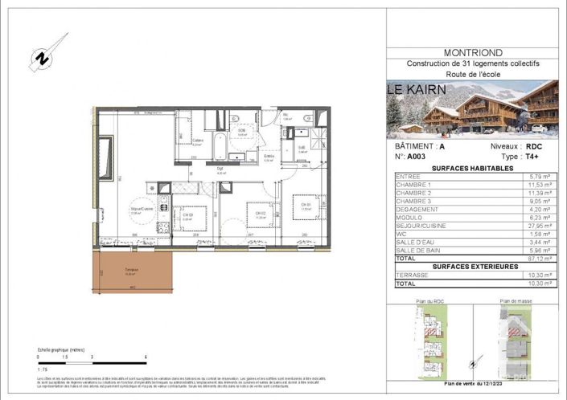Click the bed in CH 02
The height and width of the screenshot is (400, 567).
(x=260, y=214)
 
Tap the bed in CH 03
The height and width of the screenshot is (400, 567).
(x=189, y=218)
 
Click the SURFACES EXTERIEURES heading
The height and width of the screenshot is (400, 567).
(x=471, y=267)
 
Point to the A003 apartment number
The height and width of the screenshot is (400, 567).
(x=417, y=157)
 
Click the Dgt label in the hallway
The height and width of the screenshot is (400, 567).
(x=219, y=169)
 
